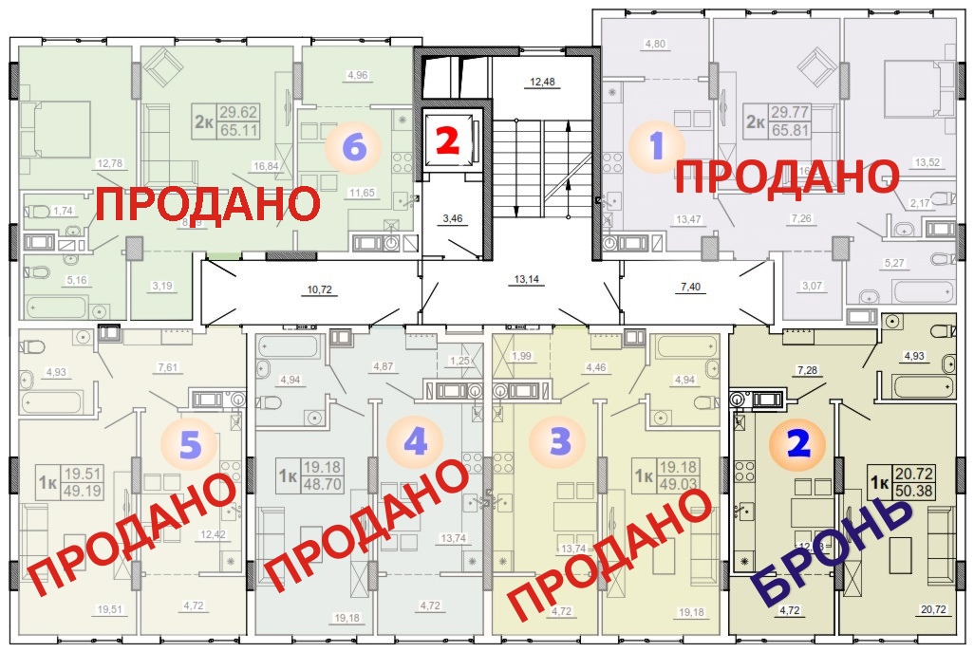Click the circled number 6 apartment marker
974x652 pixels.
coord(352,148)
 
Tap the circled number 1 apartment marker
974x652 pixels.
coord(656,147)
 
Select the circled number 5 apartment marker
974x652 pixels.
coord(189,443)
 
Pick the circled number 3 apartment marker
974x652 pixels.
coord(561,442)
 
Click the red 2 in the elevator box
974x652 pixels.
coord(447,140)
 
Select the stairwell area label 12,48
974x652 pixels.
coord(542,82)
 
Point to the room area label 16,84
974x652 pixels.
coord(265,165)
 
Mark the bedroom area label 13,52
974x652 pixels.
coord(927,162)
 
